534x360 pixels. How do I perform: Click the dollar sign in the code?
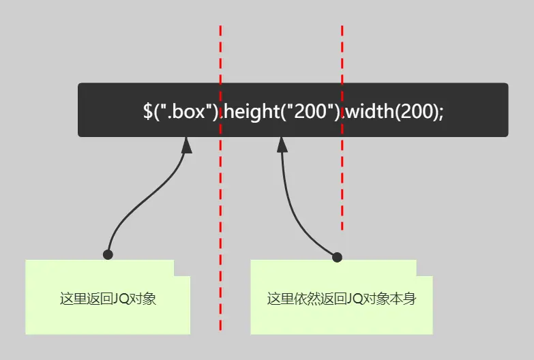[x=148, y=111]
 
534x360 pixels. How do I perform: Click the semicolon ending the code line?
[x=441, y=111]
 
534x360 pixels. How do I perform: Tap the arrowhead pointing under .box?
[x=186, y=144]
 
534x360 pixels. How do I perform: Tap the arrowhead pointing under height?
[x=282, y=144]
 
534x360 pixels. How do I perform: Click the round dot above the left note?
[x=108, y=254]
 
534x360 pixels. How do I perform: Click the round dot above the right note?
[x=336, y=256]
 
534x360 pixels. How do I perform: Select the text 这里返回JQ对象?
[x=108, y=299]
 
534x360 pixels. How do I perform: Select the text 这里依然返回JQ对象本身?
[x=341, y=299]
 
